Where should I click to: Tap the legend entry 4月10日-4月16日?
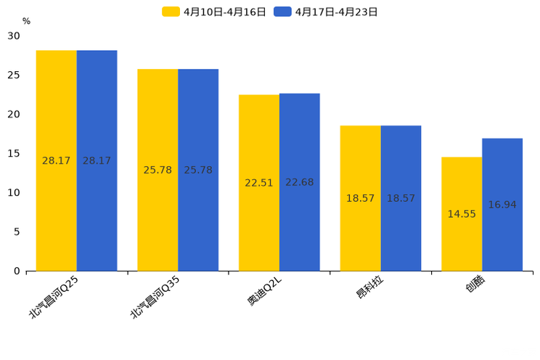pyautogui.click(x=215, y=12)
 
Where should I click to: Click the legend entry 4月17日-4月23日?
pyautogui.click(x=327, y=12)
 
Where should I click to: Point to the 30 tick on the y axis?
pyautogui.click(x=14, y=36)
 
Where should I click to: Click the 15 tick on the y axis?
pyautogui.click(x=14, y=153)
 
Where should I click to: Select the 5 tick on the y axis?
pyautogui.click(x=17, y=232)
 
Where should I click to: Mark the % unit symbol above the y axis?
pyautogui.click(x=26, y=21)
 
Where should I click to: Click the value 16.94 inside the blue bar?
pyautogui.click(x=502, y=205)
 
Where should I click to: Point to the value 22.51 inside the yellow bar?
pyautogui.click(x=259, y=183)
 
